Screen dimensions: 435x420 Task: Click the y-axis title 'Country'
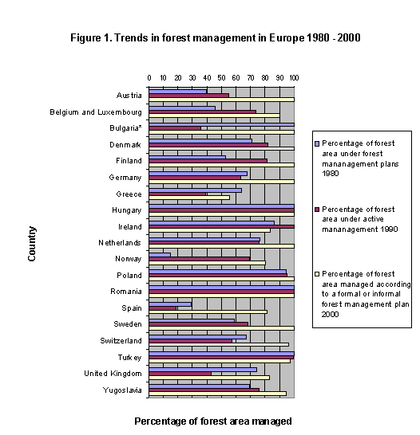point(32,244)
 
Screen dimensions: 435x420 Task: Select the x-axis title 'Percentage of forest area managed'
point(212,420)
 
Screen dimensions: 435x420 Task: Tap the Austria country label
point(129,96)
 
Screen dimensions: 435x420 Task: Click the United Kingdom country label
point(113,374)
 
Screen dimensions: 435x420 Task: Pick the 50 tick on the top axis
point(222,77)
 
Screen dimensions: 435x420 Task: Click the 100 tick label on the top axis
point(294,77)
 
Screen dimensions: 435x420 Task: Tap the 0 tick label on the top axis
point(149,77)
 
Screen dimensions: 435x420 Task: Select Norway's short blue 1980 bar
point(160,254)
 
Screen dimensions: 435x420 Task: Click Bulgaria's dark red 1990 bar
point(175,127)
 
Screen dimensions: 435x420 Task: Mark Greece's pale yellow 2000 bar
point(189,198)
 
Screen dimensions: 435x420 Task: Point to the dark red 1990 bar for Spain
point(163,308)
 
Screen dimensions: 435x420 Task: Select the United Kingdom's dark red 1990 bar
point(180,373)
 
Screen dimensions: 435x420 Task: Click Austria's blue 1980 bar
point(178,91)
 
